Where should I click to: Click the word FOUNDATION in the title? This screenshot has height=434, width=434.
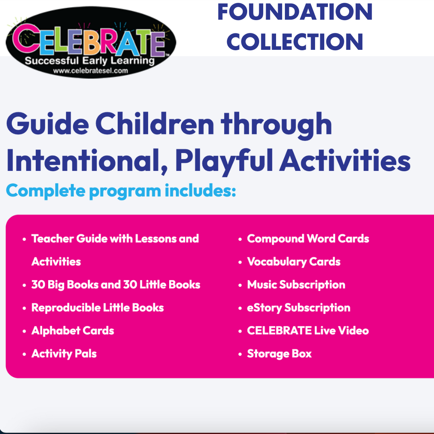click(x=295, y=12)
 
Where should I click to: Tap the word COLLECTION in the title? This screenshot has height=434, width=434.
click(x=295, y=41)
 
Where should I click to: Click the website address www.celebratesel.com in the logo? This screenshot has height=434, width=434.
click(x=90, y=71)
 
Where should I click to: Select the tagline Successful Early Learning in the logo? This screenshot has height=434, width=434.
click(x=90, y=61)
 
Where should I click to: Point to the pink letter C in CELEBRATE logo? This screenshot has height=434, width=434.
click(x=25, y=38)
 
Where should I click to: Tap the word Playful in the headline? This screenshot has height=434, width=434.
click(x=224, y=162)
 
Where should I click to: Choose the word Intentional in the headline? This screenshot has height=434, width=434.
click(x=87, y=160)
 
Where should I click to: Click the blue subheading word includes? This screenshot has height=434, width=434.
click(x=201, y=190)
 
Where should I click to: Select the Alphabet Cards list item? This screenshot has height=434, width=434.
click(x=72, y=330)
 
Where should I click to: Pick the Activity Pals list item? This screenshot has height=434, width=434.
click(x=64, y=354)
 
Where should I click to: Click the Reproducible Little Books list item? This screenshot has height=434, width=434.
click(x=97, y=307)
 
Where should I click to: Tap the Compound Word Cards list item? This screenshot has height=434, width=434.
click(x=308, y=239)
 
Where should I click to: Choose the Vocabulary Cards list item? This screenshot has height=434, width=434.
click(x=294, y=262)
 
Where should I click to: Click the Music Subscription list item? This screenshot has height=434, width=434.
click(x=296, y=285)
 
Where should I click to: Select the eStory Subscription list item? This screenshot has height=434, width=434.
click(x=299, y=307)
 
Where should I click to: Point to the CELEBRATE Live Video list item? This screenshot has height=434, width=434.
click(x=308, y=330)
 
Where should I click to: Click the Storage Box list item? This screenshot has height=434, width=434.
click(x=279, y=354)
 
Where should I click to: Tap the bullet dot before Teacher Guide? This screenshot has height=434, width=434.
click(x=25, y=239)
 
